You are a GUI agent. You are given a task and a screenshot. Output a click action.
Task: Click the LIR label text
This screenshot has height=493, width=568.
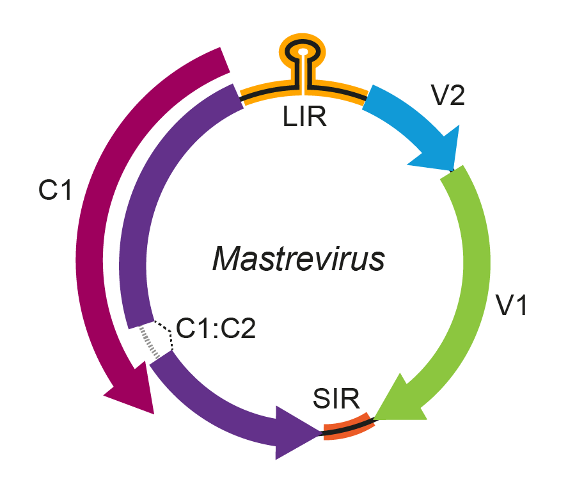click(x=305, y=117)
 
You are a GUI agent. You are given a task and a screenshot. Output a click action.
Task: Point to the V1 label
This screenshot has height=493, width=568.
click(x=512, y=306)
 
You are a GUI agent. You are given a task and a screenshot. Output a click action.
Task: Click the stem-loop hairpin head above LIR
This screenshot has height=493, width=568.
click(x=303, y=50)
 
